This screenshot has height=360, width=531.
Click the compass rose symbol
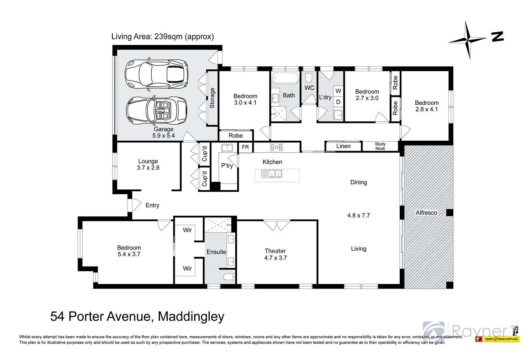pos(468,40)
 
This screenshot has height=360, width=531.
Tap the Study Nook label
pos(380,146)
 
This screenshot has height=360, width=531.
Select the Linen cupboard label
pos(343,146)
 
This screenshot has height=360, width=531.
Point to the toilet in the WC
pos(309,77)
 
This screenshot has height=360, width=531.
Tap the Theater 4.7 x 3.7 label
pos(275,254)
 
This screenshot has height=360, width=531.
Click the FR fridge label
pos(245,147)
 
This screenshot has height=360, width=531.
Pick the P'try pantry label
pos(227,166)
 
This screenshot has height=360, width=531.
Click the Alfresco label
pos(426,213)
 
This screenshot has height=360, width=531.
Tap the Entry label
pos(152,205)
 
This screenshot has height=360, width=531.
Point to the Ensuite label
pos(216,252)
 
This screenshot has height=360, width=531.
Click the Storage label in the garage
pos(212,98)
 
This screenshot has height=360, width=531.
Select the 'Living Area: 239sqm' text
pos(162,36)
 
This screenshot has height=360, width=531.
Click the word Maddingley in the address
pos(191,316)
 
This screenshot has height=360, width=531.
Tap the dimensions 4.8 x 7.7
pos(358,215)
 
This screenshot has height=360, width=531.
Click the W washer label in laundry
pos(338,91)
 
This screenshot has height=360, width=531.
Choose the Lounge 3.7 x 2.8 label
pos(148,164)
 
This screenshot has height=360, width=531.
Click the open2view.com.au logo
pos(501,339)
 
